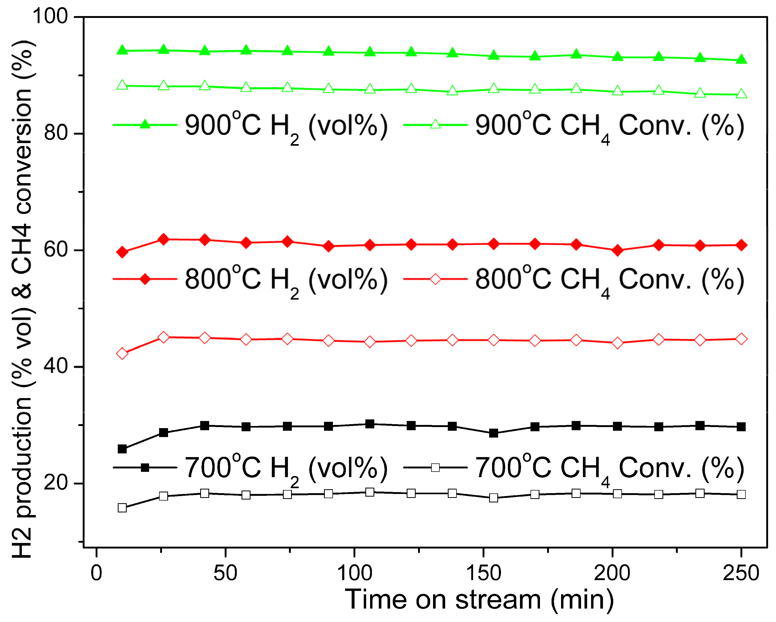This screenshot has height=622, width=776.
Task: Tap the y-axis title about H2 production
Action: click(x=22, y=299)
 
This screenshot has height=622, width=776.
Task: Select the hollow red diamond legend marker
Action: click(x=435, y=279)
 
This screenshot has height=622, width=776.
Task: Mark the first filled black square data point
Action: click(x=122, y=449)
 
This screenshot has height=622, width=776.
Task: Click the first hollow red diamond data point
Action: click(x=122, y=354)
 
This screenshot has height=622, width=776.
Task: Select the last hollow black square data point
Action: click(x=741, y=494)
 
